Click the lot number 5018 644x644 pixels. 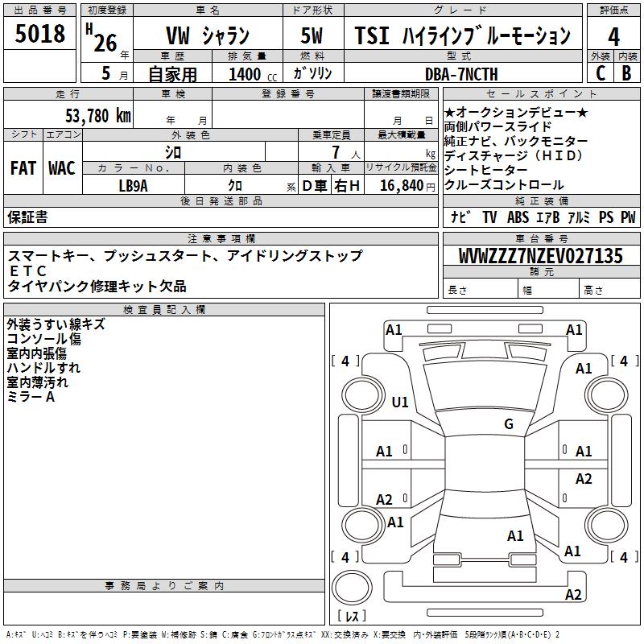click(x=40, y=34)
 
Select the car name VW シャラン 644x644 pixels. click(x=207, y=35)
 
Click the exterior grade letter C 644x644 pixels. click(x=600, y=72)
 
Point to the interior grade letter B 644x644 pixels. click(x=627, y=72)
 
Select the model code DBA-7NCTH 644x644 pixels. click(x=461, y=74)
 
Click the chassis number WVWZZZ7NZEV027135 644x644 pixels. click(x=541, y=256)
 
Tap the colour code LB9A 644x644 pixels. click(x=134, y=185)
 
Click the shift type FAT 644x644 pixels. click(x=24, y=168)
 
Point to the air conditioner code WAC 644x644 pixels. click(x=62, y=168)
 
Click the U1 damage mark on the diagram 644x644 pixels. click(x=400, y=402)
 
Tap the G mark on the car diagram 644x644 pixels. click(x=508, y=424)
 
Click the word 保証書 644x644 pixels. click(x=27, y=217)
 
